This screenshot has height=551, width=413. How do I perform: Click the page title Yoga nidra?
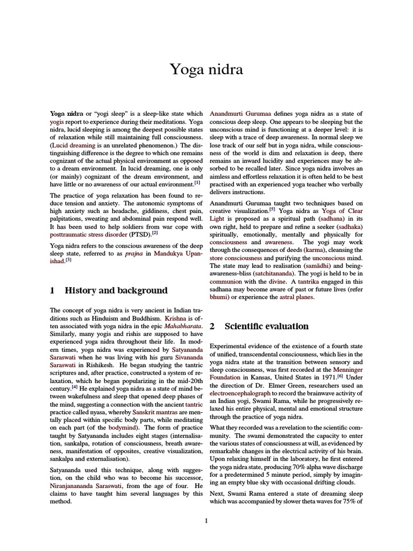coord(206,70)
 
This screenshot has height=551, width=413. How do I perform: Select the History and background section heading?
coord(116,291)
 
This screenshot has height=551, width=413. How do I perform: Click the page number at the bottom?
coord(206,520)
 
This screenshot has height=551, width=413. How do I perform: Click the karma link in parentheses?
coord(315,250)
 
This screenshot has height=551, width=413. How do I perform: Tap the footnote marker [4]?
coord(75,386)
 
